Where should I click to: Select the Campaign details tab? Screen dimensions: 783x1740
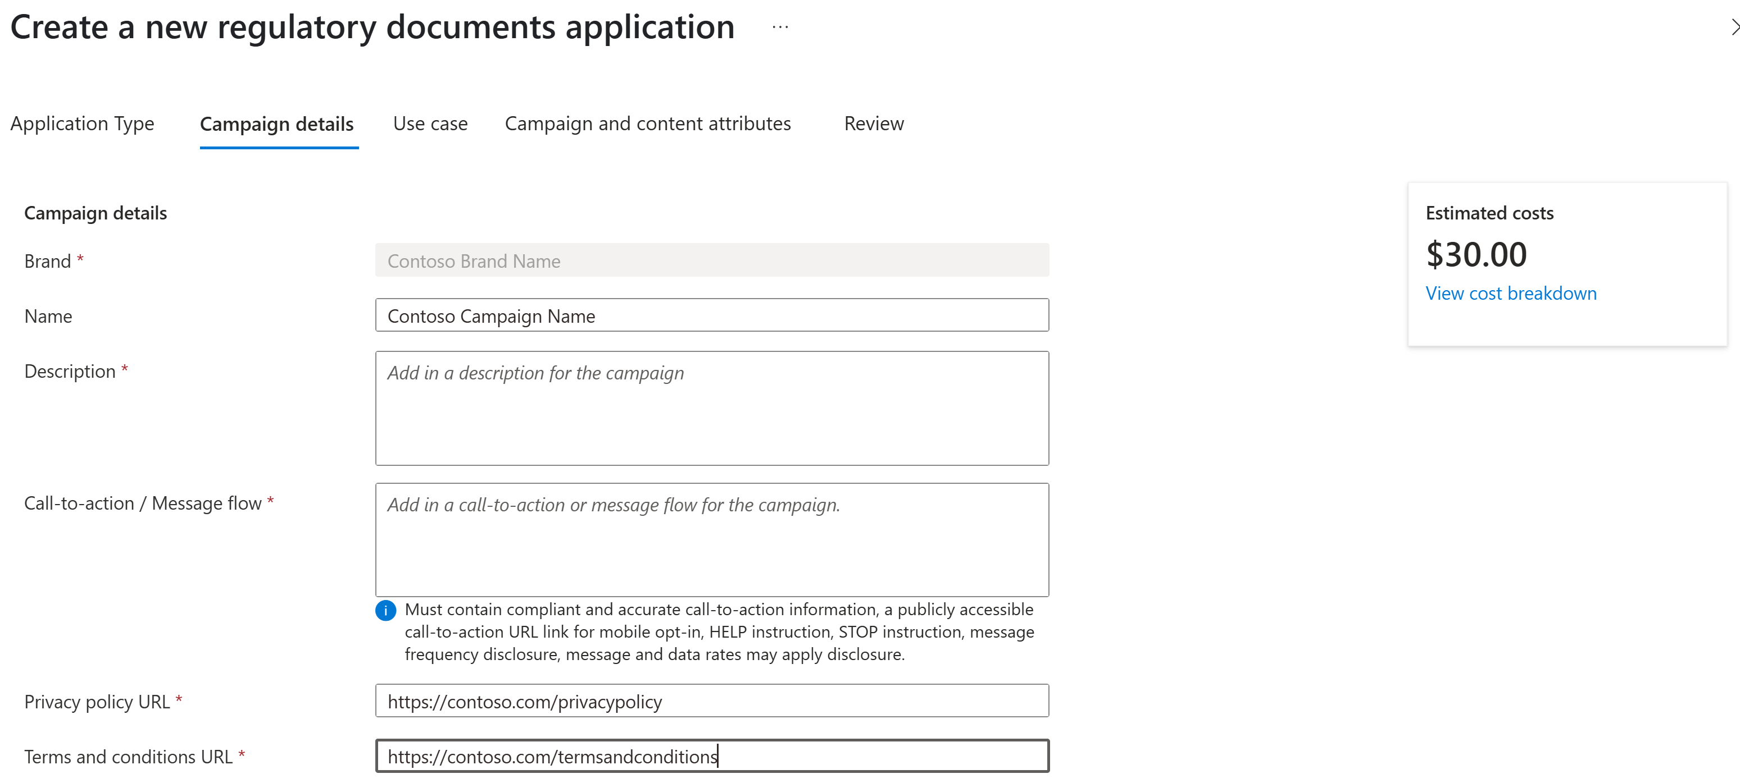(276, 124)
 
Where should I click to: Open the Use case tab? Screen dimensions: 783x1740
(430, 123)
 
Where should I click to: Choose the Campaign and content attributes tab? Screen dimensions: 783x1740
(647, 123)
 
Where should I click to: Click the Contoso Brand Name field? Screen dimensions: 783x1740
(711, 260)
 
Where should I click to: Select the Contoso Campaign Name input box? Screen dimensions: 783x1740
(711, 315)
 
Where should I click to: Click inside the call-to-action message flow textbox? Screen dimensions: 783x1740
(711, 539)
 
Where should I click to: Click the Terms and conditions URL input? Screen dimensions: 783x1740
(711, 756)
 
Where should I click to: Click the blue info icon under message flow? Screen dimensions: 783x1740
(385, 610)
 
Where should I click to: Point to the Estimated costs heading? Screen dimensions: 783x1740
(1489, 213)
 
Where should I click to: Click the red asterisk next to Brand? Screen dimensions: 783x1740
(80, 259)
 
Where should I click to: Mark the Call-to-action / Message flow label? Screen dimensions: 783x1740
(143, 503)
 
